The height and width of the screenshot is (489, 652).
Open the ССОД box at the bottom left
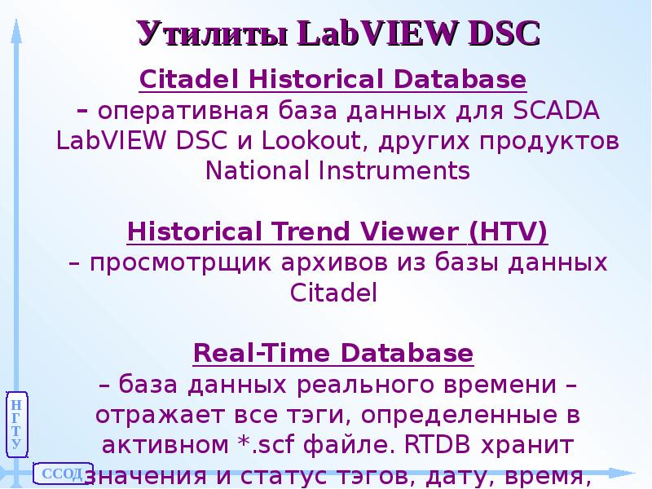60,474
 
